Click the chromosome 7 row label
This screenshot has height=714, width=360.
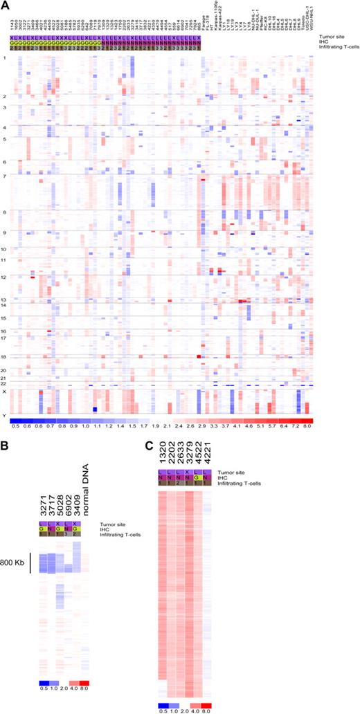[x=5, y=176]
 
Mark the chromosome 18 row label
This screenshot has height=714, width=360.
[x=5, y=356]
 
